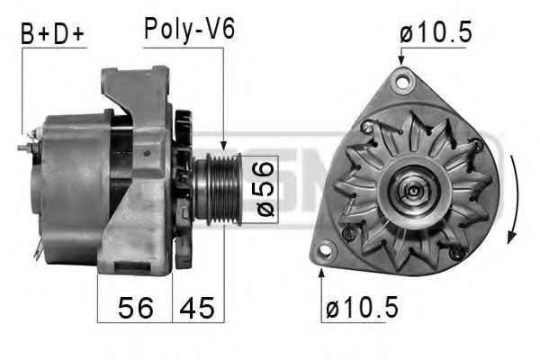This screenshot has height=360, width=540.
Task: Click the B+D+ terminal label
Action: tap(52, 34)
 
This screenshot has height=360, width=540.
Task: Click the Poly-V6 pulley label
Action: tap(189, 30)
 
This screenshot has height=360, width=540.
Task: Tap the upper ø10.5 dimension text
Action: tap(436, 32)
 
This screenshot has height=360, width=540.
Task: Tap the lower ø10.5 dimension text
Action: tap(362, 307)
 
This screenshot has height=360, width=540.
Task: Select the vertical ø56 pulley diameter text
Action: tap(265, 189)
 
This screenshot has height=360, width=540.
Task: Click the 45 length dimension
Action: tap(197, 308)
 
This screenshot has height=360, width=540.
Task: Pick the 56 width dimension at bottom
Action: tap(136, 308)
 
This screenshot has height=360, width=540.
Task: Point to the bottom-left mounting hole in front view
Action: tap(324, 250)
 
